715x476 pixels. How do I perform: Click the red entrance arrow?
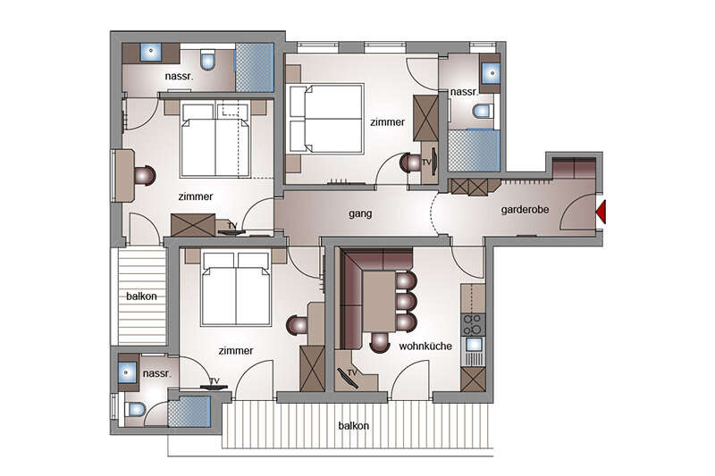[x=601, y=213]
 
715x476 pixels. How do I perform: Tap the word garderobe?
[x=525, y=210]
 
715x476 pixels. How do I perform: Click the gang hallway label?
[x=360, y=213]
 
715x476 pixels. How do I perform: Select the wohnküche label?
[x=425, y=347]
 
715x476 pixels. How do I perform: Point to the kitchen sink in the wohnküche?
[x=474, y=344]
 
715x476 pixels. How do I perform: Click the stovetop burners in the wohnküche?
[x=473, y=324]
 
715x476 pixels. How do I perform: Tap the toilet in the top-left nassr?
[x=207, y=60]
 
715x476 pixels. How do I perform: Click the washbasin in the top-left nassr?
[x=150, y=52]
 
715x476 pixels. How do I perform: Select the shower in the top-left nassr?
[x=255, y=68]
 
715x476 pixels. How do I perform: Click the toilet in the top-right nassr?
[x=483, y=111]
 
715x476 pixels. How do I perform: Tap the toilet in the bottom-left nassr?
[x=136, y=409]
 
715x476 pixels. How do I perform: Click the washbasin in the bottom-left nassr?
[x=127, y=373]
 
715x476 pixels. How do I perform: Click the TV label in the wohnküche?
[x=352, y=373]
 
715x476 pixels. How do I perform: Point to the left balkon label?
[x=141, y=296]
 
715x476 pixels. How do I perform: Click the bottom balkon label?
[x=353, y=426]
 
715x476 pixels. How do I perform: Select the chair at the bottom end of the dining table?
[x=379, y=342]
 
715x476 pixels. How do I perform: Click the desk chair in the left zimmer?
[x=145, y=175]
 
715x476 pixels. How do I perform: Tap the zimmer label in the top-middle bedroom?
[x=387, y=122]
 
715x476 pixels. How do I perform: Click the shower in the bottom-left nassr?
[x=189, y=412]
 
